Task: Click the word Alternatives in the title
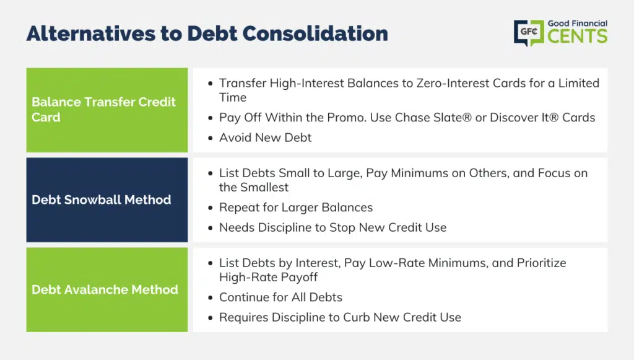tap(91, 33)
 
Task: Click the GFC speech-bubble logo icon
tap(529, 33)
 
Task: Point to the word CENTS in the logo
tap(578, 36)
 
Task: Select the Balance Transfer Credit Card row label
tap(103, 110)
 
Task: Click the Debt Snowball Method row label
tap(102, 200)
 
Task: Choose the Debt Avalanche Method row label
tap(105, 289)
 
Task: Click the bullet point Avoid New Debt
tap(265, 138)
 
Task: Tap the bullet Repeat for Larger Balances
tap(296, 208)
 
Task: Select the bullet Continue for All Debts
tap(280, 297)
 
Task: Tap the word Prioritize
tap(541, 263)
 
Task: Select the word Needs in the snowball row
tap(237, 228)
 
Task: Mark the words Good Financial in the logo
tap(578, 24)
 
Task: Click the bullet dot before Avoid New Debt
tap(211, 138)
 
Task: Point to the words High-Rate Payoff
tap(268, 278)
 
